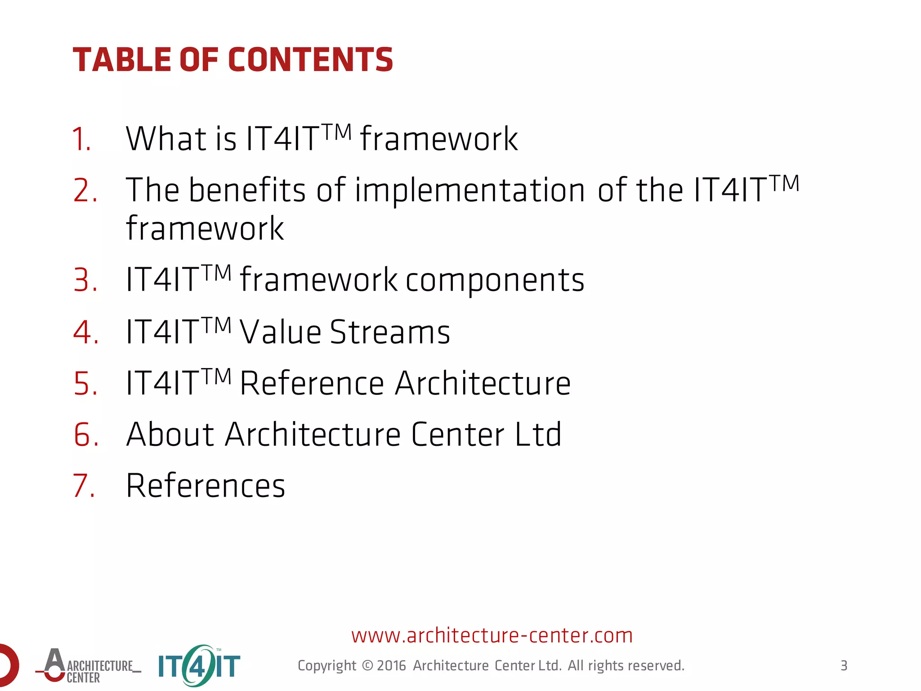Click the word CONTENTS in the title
pyautogui.click(x=310, y=60)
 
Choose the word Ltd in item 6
pyautogui.click(x=538, y=435)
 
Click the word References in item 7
pyautogui.click(x=206, y=486)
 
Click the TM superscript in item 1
pyautogui.click(x=337, y=132)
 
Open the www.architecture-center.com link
pyautogui.click(x=492, y=635)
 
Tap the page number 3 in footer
pyautogui.click(x=844, y=665)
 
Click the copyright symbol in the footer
pyautogui.click(x=367, y=665)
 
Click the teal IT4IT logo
pyautogui.click(x=199, y=666)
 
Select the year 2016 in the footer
pyautogui.click(x=391, y=665)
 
